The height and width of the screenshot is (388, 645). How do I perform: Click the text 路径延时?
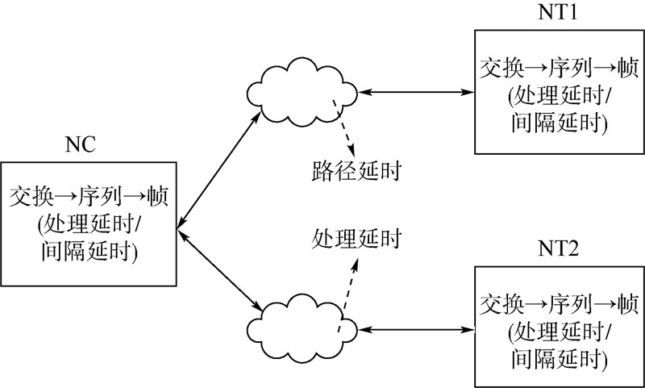(356, 172)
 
